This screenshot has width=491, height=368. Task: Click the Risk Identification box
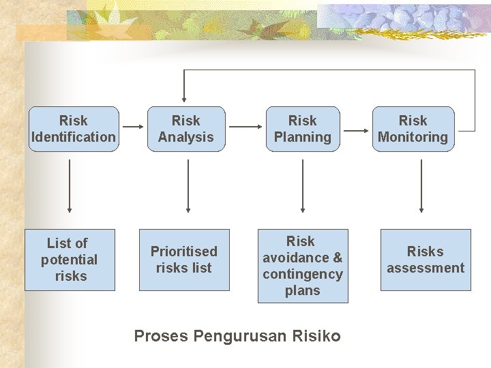coord(74,129)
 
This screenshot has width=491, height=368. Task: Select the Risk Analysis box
coord(185,129)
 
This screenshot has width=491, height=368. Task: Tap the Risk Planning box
coord(302,129)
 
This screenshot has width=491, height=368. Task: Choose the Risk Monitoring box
coord(413,129)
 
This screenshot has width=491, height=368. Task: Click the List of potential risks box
coord(70,260)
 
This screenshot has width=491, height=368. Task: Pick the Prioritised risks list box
coord(184,260)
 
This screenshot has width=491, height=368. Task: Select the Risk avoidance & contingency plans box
coord(303,266)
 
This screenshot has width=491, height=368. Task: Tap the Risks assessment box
coord(426,260)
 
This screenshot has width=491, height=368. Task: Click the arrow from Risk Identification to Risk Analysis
coord(132,126)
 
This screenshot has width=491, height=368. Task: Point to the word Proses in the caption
coord(161,336)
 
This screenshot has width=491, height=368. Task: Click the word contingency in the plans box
coord(303,274)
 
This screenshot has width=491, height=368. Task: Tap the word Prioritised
coord(184,251)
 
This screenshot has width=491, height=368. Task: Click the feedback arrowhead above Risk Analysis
coord(183,97)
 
